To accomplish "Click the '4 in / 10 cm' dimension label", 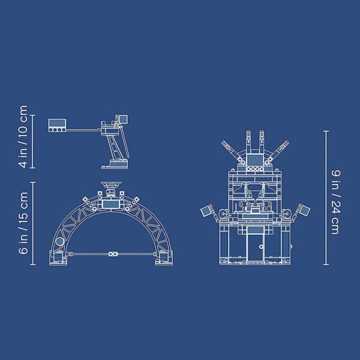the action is coord(23,136).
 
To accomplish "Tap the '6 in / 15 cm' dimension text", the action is coord(23,223).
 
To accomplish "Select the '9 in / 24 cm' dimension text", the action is coord(335,202).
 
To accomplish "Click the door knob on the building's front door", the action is coord(261,247).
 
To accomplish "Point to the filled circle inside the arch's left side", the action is coord(60,242).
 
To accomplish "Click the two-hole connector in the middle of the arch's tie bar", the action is coord(113,254).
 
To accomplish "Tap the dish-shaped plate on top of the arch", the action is coord(111,184).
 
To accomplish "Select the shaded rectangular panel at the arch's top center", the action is coord(111,204).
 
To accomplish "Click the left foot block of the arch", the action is coord(58,258).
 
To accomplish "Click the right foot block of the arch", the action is coord(164,258).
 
